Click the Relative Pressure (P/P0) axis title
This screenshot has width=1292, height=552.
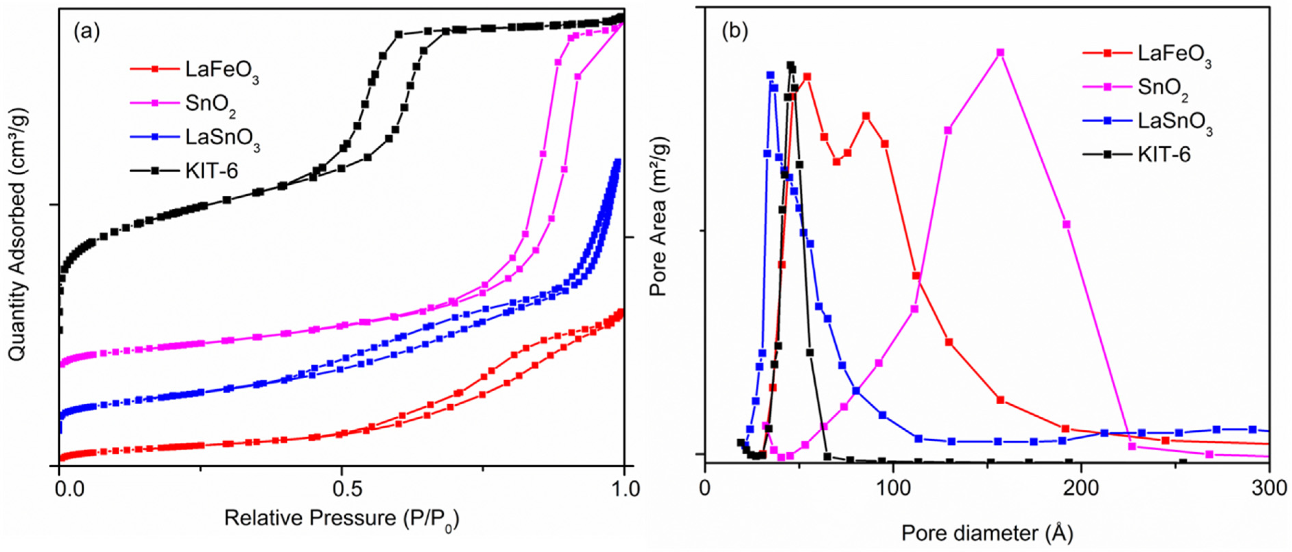click(342, 518)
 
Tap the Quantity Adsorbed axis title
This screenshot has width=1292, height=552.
click(17, 234)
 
